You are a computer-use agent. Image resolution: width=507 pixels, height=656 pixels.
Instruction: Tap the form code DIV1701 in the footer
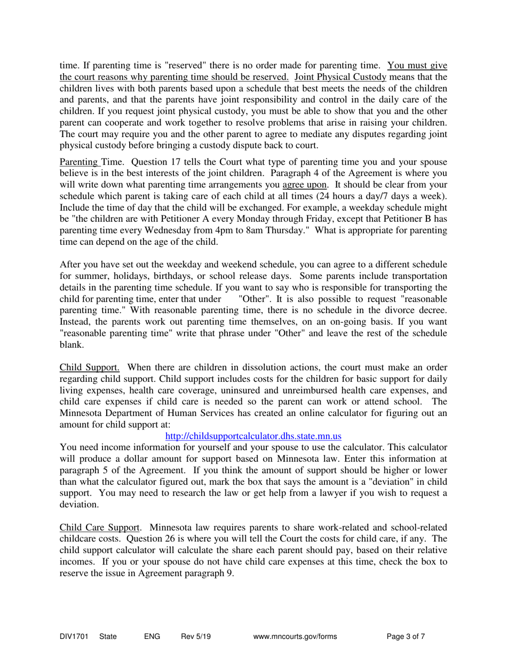pos(73,636)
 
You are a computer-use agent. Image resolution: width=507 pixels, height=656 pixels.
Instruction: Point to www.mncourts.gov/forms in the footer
pos(297,636)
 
